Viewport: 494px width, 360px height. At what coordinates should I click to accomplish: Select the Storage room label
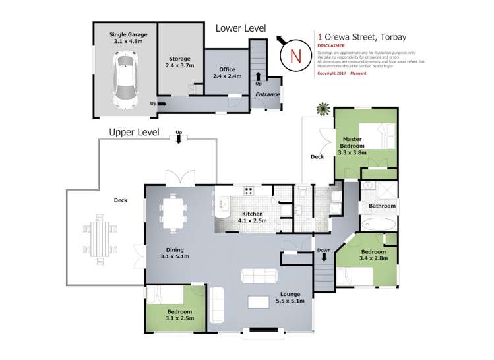tap(179, 62)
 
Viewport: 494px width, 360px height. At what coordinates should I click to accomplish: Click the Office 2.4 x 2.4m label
tap(228, 73)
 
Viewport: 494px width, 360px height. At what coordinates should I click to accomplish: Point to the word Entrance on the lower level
tap(267, 95)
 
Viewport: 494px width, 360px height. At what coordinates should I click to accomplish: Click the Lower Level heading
tap(241, 28)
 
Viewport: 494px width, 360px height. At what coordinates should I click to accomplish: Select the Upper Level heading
tap(134, 132)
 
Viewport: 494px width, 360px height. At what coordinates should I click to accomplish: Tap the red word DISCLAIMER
tap(331, 45)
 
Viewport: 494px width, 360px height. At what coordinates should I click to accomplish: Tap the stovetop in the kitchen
tap(250, 192)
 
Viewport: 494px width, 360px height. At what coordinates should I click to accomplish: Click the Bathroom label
tap(382, 206)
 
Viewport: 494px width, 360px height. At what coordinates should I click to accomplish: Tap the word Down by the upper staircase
tap(323, 250)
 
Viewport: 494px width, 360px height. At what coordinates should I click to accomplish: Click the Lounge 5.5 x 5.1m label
tap(290, 298)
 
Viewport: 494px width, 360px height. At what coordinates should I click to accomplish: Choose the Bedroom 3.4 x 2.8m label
tap(374, 256)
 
